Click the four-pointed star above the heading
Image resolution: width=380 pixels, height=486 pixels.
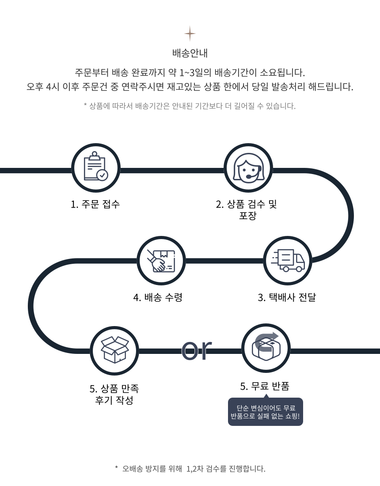click(190, 34)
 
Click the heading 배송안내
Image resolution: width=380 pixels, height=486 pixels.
click(190, 53)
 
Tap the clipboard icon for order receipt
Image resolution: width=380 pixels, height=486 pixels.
click(96, 168)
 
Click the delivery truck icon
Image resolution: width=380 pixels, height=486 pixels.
click(288, 260)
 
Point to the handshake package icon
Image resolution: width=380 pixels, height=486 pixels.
click(161, 260)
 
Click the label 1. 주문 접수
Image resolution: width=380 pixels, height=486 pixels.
click(95, 204)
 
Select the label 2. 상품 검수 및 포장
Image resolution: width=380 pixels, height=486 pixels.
click(247, 210)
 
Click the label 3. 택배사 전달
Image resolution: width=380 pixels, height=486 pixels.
click(287, 297)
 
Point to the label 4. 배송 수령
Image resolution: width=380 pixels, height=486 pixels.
click(158, 297)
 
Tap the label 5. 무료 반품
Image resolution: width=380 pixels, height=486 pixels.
click(265, 386)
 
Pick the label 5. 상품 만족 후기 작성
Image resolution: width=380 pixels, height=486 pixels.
click(114, 395)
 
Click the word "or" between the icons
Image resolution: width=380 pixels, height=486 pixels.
click(197, 349)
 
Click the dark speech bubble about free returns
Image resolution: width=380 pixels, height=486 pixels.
click(266, 412)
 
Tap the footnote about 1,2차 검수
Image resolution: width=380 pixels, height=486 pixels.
click(190, 468)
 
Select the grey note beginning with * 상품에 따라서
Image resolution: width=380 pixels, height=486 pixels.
click(190, 106)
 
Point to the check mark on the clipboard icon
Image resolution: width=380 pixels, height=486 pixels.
click(102, 175)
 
